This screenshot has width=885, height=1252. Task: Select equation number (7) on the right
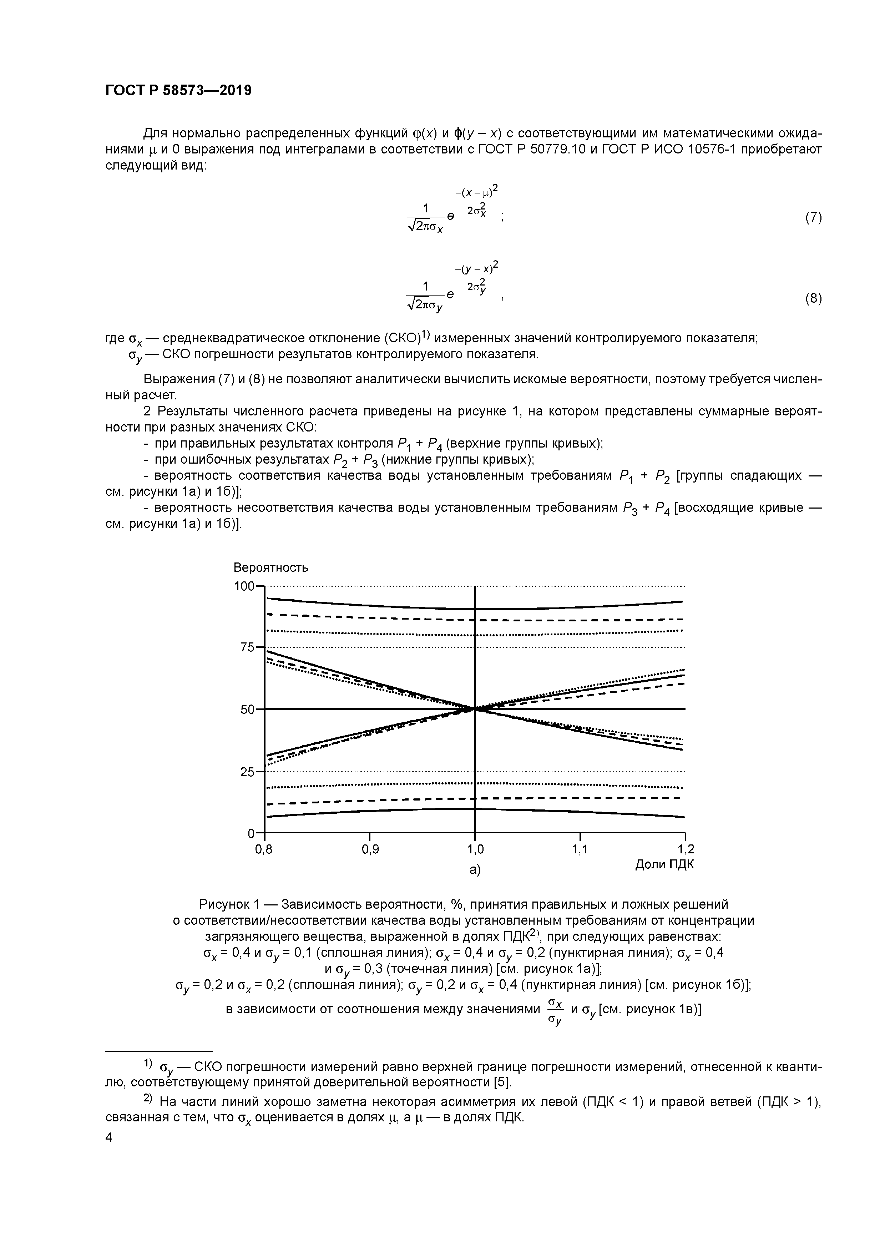coord(813,218)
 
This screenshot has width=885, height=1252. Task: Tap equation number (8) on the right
coord(813,298)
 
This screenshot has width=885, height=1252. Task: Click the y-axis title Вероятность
coord(270,567)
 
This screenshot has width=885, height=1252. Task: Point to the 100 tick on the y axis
coord(244,586)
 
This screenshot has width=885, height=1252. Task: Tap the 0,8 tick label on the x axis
coord(264,849)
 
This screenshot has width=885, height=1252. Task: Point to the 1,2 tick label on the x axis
coord(686,849)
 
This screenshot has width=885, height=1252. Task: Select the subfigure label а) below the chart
coord(475,870)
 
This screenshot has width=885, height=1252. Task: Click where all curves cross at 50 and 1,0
coord(475,709)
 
